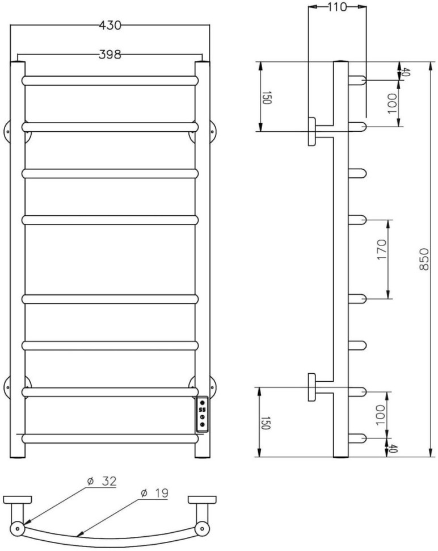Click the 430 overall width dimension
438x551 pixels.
point(111,26)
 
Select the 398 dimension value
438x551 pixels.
point(110,55)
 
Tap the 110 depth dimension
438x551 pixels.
point(336,7)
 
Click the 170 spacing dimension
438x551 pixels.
point(381,258)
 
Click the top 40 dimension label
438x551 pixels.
point(406,72)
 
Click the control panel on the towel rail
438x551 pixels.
point(203,414)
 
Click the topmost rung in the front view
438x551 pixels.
point(111,80)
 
